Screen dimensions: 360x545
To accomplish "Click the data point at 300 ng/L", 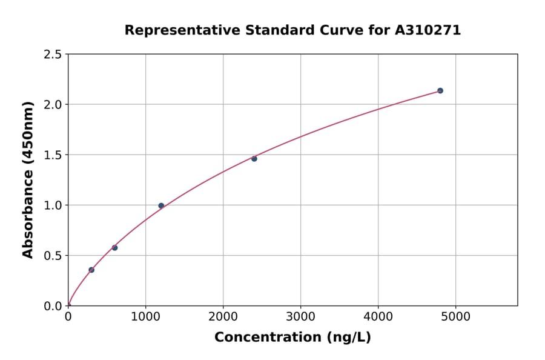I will click(91, 270).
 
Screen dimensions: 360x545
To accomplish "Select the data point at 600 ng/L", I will click(114, 247).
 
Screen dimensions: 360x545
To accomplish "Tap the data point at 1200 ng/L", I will click(161, 205).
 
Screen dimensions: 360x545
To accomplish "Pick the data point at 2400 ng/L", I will click(254, 159).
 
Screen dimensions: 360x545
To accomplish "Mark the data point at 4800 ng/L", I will click(440, 90).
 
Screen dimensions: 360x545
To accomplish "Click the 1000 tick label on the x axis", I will click(145, 316).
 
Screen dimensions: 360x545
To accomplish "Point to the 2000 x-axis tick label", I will click(223, 316).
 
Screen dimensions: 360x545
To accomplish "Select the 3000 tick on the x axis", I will click(300, 316).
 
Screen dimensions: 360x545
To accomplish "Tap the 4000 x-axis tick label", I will click(378, 316).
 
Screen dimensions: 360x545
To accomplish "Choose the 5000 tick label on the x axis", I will click(456, 316).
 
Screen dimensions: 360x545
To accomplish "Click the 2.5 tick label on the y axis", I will click(53, 55).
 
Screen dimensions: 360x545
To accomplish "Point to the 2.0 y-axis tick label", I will click(53, 105).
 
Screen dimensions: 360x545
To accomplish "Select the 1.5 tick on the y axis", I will click(53, 155).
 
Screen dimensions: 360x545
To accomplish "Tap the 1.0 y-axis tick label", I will click(53, 205).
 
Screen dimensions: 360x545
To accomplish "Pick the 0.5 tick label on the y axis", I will click(53, 256).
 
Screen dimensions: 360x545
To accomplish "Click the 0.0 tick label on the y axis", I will click(53, 306).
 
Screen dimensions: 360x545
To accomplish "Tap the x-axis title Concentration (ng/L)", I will click(292, 338).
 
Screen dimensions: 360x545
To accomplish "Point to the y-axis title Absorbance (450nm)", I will click(28, 180).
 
